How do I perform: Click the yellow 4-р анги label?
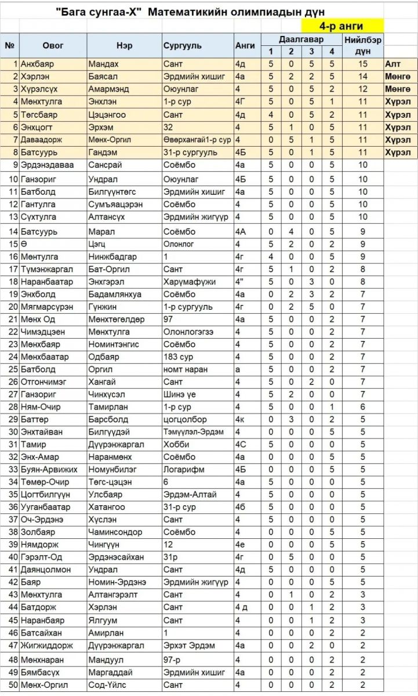(x=341, y=26)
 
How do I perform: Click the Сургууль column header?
(x=182, y=45)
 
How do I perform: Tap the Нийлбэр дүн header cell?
(x=362, y=45)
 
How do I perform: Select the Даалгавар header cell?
(x=301, y=39)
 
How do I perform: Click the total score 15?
(x=363, y=64)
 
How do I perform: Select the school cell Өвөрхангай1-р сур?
(x=197, y=140)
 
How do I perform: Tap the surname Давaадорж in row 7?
(x=41, y=140)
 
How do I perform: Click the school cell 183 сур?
(x=178, y=357)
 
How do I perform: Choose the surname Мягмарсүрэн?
(x=46, y=307)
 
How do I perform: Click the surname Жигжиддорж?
(x=46, y=646)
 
